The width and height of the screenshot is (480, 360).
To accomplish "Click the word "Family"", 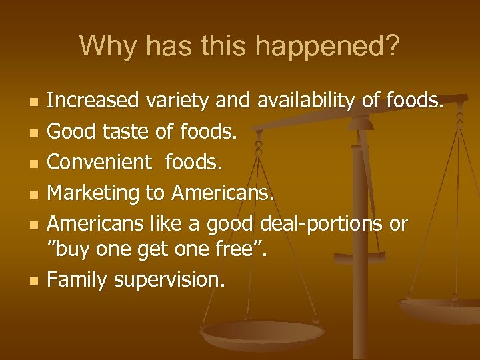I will [x=78, y=280].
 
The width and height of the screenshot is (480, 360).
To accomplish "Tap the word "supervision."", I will [x=169, y=280].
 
